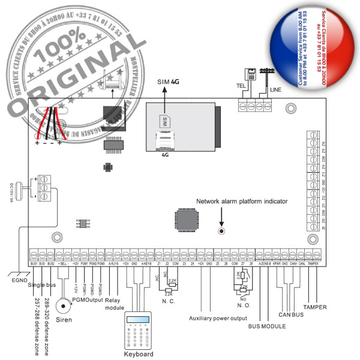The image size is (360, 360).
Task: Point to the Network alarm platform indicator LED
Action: [x=221, y=231]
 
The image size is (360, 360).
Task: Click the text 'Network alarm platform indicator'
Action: [x=242, y=202]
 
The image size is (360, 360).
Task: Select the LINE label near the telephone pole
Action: [x=276, y=89]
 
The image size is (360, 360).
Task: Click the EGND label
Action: [x=18, y=279]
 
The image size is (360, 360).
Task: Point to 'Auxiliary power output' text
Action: [x=218, y=318]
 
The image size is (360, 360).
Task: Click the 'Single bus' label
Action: [x=41, y=284]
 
